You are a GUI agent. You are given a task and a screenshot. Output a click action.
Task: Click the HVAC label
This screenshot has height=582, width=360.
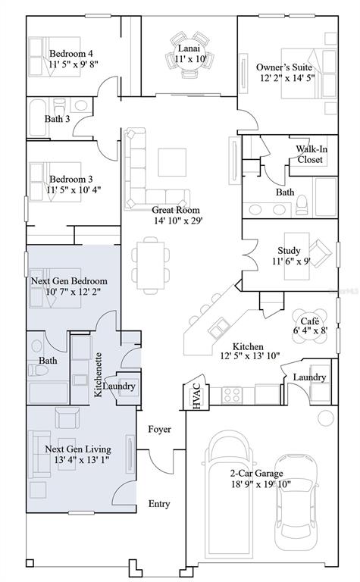click(197, 396)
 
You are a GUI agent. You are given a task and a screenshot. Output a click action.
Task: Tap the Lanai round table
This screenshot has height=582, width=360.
click(189, 55)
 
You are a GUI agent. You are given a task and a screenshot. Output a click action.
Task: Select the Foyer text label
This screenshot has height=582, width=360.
click(160, 429)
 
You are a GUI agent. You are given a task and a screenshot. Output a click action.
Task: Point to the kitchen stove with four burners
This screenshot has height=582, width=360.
click(232, 395)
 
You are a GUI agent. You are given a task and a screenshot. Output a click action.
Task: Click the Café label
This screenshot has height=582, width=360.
click(309, 321)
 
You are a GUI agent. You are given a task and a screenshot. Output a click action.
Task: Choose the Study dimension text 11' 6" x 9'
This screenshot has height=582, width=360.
click(291, 261)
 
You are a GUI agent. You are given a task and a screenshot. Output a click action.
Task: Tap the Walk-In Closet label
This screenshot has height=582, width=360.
click(311, 155)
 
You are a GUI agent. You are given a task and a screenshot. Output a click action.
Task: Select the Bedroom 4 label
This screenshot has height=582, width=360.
click(71, 54)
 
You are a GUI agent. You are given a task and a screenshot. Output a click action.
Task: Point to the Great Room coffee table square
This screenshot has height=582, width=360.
click(172, 162)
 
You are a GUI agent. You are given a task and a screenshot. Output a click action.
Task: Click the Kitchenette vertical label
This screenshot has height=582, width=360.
click(98, 374)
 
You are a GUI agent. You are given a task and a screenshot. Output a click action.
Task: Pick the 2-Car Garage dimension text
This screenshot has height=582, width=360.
click(260, 484)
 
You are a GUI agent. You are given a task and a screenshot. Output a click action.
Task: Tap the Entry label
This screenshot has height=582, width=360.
click(159, 504)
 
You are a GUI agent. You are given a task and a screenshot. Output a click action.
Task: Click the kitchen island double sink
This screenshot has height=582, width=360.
click(218, 327)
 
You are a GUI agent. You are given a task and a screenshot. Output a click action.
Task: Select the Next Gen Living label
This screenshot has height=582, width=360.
click(78, 449)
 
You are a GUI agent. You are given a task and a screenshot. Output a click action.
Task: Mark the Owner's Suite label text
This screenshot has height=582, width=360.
click(284, 67)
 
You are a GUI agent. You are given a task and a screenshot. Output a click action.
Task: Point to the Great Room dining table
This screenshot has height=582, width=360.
click(151, 265)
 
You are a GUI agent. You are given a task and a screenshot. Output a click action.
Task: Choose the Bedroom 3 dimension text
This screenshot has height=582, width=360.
click(74, 189)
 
